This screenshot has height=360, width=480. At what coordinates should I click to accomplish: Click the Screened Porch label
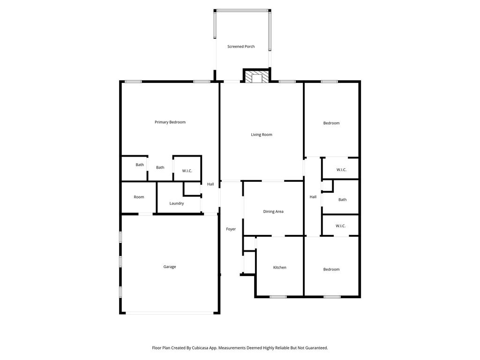pyautogui.click(x=241, y=46)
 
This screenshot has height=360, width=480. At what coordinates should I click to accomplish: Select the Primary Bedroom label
pyautogui.click(x=170, y=122)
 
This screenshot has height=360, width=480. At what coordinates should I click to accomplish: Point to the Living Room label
pyautogui.click(x=262, y=135)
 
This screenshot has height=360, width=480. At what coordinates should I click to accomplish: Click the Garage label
pyautogui.click(x=170, y=267)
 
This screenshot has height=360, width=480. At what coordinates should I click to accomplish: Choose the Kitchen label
pyautogui.click(x=279, y=268)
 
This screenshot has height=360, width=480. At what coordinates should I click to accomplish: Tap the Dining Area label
pyautogui.click(x=273, y=211)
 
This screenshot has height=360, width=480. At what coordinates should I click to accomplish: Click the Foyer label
pyautogui.click(x=231, y=229)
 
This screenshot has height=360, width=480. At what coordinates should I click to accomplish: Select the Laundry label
pyautogui.click(x=177, y=203)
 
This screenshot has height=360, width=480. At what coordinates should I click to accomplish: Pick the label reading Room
pyautogui.click(x=139, y=197)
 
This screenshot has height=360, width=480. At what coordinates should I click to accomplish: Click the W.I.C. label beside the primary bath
pyautogui.click(x=187, y=171)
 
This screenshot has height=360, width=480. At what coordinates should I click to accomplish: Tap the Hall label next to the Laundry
pyautogui.click(x=210, y=184)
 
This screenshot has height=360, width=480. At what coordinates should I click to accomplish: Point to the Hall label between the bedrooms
pyautogui.click(x=313, y=197)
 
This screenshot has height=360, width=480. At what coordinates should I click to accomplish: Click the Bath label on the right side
pyautogui.click(x=342, y=200)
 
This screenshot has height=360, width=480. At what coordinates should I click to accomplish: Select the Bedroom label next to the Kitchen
pyautogui.click(x=331, y=270)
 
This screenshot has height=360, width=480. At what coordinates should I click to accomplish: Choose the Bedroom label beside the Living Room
pyautogui.click(x=331, y=123)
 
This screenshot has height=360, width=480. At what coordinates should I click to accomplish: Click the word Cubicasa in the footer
pyautogui.click(x=202, y=348)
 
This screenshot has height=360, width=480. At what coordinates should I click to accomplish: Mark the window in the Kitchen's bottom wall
pyautogui.click(x=278, y=297)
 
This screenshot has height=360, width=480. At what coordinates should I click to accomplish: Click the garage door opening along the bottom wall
pyautogui.click(x=170, y=313)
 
